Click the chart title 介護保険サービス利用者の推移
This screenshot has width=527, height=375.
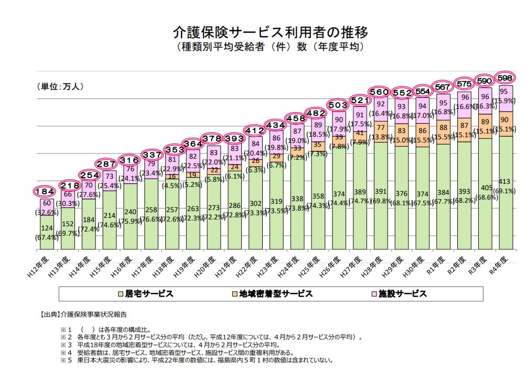pyautogui.click(x=270, y=32)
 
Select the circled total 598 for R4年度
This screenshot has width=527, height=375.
pyautogui.click(x=505, y=78)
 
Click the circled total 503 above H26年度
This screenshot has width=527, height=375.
pyautogui.click(x=338, y=105)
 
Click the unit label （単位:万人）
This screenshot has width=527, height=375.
pyautogui.click(x=60, y=86)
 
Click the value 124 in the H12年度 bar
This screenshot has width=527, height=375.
pyautogui.click(x=47, y=228)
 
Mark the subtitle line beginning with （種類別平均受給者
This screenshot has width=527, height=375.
pyautogui.click(x=270, y=47)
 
